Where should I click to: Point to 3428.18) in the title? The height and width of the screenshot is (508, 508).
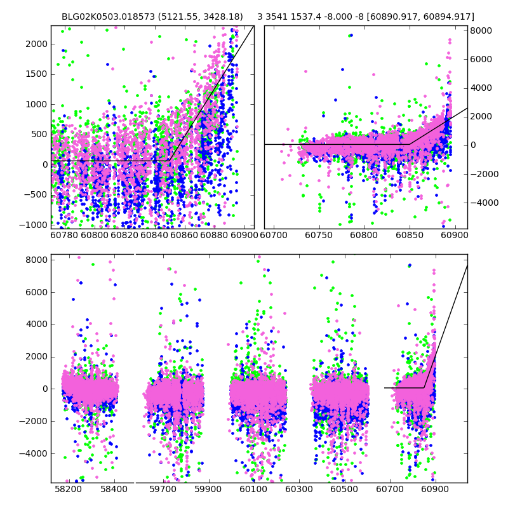point(222,17)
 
